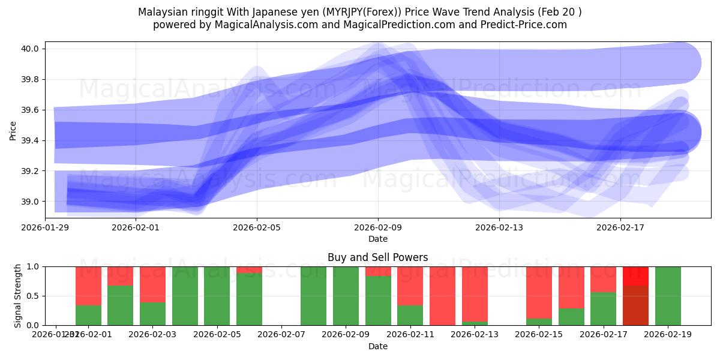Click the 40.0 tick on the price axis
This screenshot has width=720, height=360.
pos(31,49)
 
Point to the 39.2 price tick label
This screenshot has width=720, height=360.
pos(31,171)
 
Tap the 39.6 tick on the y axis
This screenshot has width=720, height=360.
pos(31,110)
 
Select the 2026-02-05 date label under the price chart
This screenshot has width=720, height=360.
pos(257,227)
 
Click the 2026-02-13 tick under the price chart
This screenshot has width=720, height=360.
pos(499,227)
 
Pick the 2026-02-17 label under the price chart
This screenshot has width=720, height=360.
pos(620,227)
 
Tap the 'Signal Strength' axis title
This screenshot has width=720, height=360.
pos(17,295)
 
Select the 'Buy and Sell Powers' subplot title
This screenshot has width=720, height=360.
pos(377,257)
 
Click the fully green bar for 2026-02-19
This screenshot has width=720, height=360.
pos(668,296)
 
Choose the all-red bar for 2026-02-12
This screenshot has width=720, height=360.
pos(442,296)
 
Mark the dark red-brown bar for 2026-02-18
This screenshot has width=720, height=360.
pos(635,306)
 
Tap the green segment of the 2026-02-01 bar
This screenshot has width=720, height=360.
pos(88,316)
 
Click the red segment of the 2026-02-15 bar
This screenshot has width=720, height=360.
pos(539,291)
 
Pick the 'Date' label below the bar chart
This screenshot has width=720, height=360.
pos(377,346)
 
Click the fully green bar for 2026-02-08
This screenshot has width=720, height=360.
pos(313,296)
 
